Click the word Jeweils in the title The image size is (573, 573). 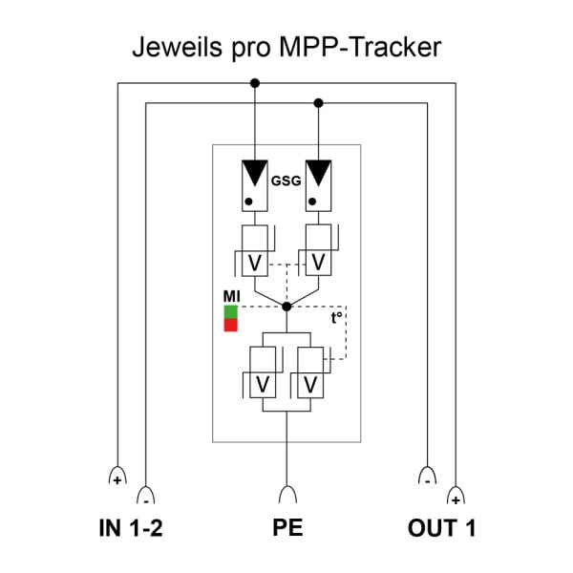(x=178, y=48)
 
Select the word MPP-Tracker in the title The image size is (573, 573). (x=360, y=47)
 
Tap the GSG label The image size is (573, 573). (x=286, y=180)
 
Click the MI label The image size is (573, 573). (x=232, y=296)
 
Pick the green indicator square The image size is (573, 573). (x=230, y=311)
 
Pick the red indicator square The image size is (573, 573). (x=230, y=325)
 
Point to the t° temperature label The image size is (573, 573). (x=336, y=318)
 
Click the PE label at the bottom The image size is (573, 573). (x=287, y=527)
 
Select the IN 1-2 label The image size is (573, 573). (x=131, y=528)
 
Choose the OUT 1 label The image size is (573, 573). (x=442, y=528)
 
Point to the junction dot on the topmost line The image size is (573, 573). (x=255, y=83)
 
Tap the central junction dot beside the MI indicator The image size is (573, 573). (x=286, y=307)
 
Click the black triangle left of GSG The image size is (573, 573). (x=255, y=172)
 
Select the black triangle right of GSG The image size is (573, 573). (x=318, y=172)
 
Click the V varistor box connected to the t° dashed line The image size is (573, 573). (x=310, y=372)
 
